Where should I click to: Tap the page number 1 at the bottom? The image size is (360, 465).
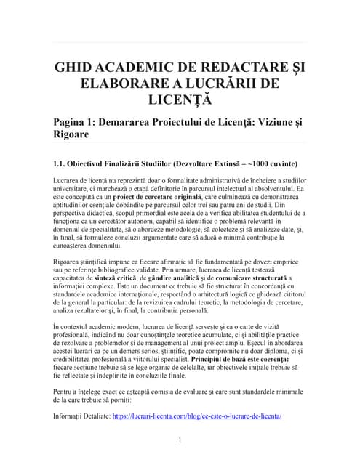tap(180, 440)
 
